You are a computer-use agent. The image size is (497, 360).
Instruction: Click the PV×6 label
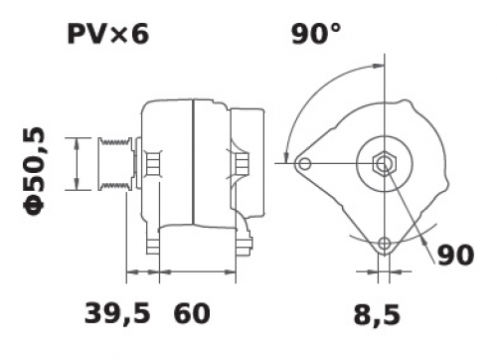(x=108, y=34)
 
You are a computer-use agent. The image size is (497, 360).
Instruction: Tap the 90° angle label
(x=316, y=34)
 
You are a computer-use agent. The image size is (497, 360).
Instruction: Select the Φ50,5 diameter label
(x=34, y=171)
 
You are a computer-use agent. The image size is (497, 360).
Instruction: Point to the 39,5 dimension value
(x=117, y=313)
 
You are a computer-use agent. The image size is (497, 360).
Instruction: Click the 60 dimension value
(x=192, y=313)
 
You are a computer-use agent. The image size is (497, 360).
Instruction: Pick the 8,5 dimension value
(x=377, y=314)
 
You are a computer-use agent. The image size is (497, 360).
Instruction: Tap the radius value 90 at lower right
(x=456, y=255)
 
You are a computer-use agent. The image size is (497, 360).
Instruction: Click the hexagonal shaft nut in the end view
(x=385, y=163)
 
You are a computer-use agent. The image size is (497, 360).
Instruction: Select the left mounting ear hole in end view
(x=304, y=163)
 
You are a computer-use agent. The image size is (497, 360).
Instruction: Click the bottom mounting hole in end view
(x=385, y=244)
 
